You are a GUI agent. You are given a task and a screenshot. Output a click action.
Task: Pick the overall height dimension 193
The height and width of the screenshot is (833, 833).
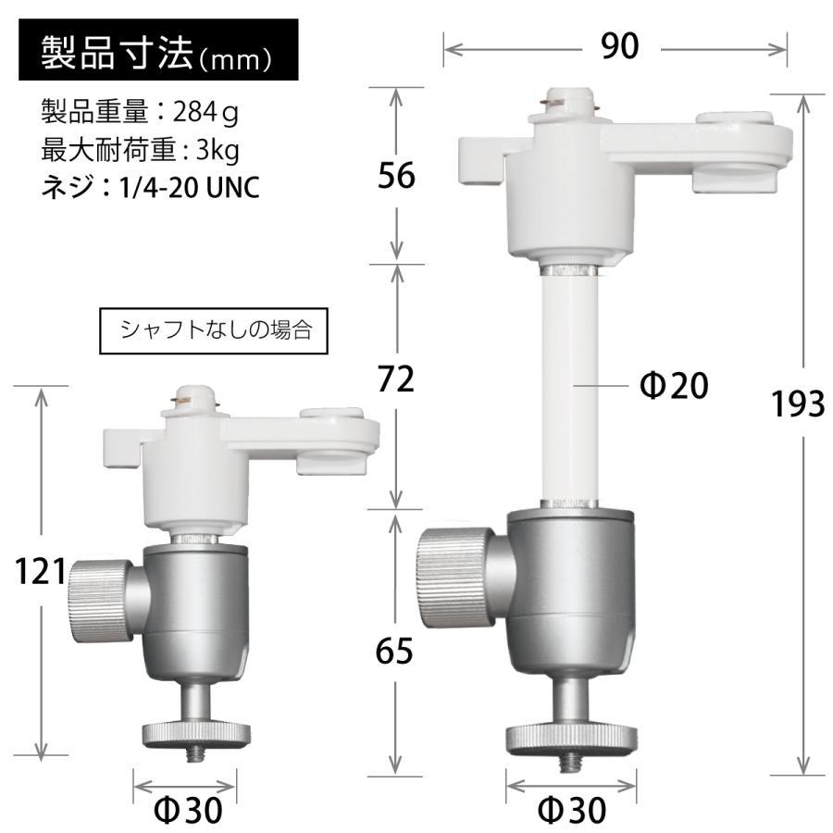797,404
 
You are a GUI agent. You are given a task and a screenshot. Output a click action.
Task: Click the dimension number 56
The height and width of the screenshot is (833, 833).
397,175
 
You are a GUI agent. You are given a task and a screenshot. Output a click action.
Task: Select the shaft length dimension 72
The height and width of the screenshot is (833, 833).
397,380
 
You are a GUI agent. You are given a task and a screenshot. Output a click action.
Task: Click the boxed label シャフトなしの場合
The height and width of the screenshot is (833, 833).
216,330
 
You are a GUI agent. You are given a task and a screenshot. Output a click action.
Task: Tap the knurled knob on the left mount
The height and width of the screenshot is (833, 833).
95,603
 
